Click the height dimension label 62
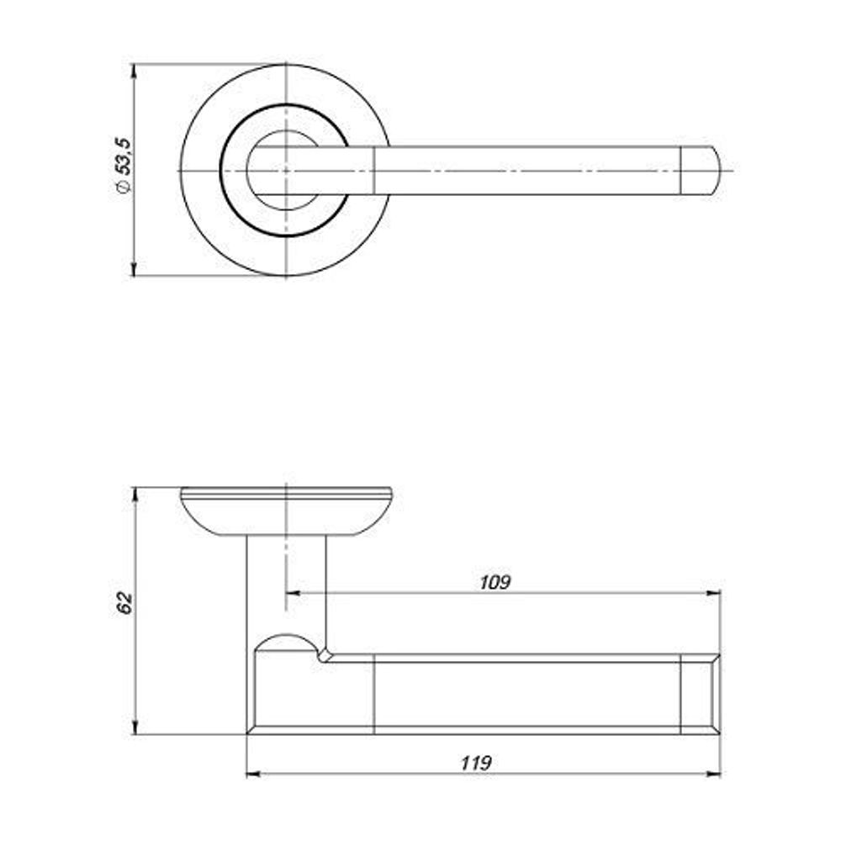125,603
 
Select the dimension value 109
495,582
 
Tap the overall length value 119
475,763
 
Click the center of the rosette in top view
286,171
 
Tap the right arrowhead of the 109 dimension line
714,593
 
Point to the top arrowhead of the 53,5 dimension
135,71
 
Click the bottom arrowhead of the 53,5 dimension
135,269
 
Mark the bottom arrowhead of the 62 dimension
135,727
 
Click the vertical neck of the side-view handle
286,589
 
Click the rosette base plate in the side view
286,510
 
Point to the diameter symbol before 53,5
123,186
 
